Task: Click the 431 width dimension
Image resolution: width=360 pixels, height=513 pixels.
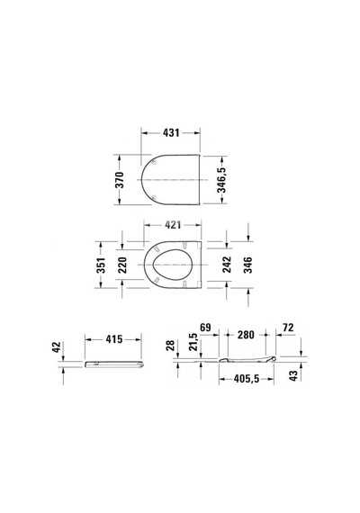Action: pos(171,133)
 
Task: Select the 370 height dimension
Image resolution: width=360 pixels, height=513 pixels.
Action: pos(120,180)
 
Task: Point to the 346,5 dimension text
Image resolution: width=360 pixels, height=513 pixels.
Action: pos(221,180)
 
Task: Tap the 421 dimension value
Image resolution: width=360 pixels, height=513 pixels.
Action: pos(172,225)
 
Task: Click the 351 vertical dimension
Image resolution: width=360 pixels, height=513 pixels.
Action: pos(101,265)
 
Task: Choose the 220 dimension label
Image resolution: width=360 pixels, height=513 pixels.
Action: pos(121,265)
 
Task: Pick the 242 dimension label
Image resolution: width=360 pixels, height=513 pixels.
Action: pos(227,265)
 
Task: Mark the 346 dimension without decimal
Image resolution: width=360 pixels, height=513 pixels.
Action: pos(247,265)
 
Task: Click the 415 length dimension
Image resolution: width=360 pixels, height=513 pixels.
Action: pos(114,339)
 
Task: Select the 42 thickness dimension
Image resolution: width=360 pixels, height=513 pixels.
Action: pos(57,347)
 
